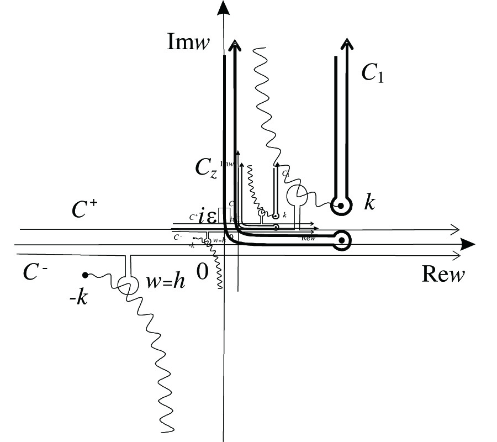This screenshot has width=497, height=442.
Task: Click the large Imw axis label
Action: (188, 43)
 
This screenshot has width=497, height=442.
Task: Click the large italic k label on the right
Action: (369, 202)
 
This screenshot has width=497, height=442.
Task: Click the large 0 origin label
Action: (203, 272)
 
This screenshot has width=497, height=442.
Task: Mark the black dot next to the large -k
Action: (85, 275)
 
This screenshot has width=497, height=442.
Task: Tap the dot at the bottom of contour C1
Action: (341, 206)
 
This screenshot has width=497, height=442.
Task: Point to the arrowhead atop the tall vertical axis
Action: (223, 8)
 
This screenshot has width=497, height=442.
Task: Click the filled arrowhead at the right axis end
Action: (468, 244)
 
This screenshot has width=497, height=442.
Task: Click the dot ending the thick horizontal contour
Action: (342, 240)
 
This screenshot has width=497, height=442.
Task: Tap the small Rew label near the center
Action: (308, 238)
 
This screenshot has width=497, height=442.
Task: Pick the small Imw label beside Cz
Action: (226, 164)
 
